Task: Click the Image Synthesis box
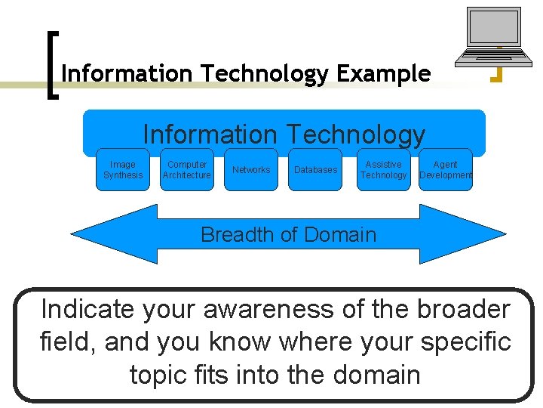123,170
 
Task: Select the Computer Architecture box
187,170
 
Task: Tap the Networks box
251,170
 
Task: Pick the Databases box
315,170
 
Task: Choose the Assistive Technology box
383,170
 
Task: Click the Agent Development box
445,170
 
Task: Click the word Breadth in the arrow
235,234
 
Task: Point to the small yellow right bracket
498,74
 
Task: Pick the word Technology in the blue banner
354,134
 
